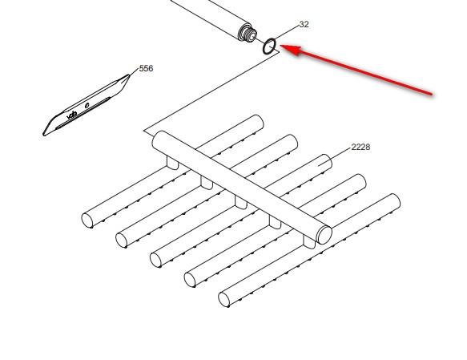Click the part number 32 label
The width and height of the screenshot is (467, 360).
click(x=304, y=25)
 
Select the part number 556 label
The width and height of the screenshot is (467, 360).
click(x=146, y=68)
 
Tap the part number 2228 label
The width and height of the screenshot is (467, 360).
click(x=360, y=147)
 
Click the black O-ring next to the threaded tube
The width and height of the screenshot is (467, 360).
click(x=271, y=47)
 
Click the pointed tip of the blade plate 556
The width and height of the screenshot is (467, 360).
click(x=128, y=77)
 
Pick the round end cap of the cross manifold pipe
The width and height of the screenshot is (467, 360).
click(x=324, y=234)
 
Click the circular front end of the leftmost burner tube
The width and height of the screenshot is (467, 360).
click(x=87, y=219)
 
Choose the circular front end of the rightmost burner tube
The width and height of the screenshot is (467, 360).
click(x=225, y=300)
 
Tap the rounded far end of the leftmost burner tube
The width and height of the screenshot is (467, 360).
click(x=257, y=121)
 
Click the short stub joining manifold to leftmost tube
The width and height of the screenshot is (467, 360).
click(x=172, y=163)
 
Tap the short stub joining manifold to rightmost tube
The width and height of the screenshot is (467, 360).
click(x=309, y=241)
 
